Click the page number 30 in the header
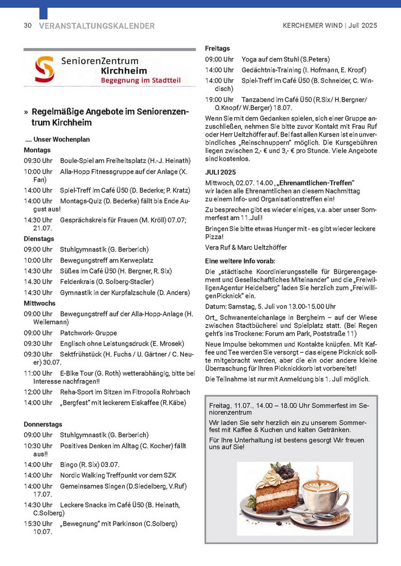click(x=27, y=26)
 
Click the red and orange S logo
click(x=44, y=70)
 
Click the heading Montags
click(x=37, y=150)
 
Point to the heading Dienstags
click(x=39, y=238)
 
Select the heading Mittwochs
click(x=39, y=303)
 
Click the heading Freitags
click(x=218, y=49)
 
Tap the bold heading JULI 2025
click(x=220, y=172)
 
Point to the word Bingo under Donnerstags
click(x=69, y=464)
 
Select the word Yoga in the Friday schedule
click(x=249, y=59)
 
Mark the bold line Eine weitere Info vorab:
click(x=240, y=260)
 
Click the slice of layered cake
click(x=273, y=489)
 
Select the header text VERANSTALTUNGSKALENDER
click(x=97, y=26)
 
